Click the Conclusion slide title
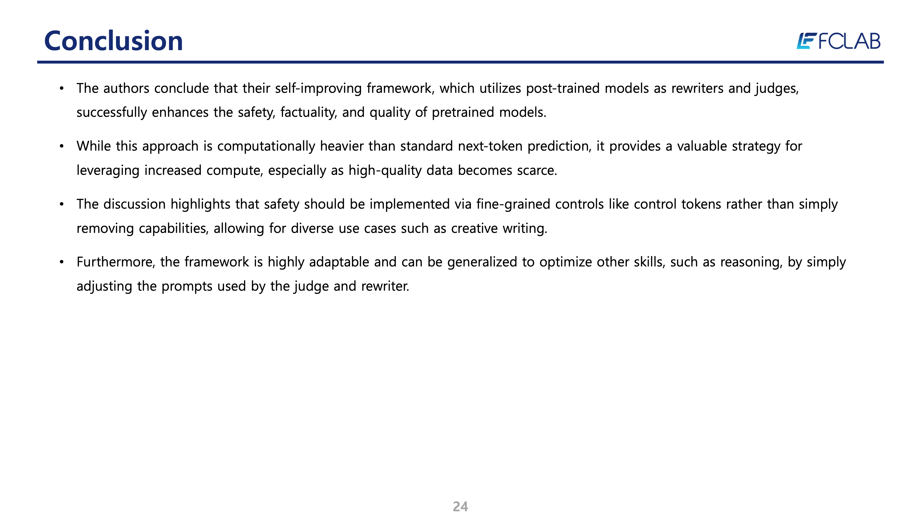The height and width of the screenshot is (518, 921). pyautogui.click(x=113, y=41)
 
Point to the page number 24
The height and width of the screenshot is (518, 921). pyautogui.click(x=460, y=506)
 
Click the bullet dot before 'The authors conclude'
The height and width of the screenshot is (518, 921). pyautogui.click(x=61, y=88)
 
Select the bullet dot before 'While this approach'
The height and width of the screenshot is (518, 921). pyautogui.click(x=61, y=146)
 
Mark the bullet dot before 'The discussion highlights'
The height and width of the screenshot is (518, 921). pyautogui.click(x=61, y=204)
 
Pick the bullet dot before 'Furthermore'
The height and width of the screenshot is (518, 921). pyautogui.click(x=61, y=262)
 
